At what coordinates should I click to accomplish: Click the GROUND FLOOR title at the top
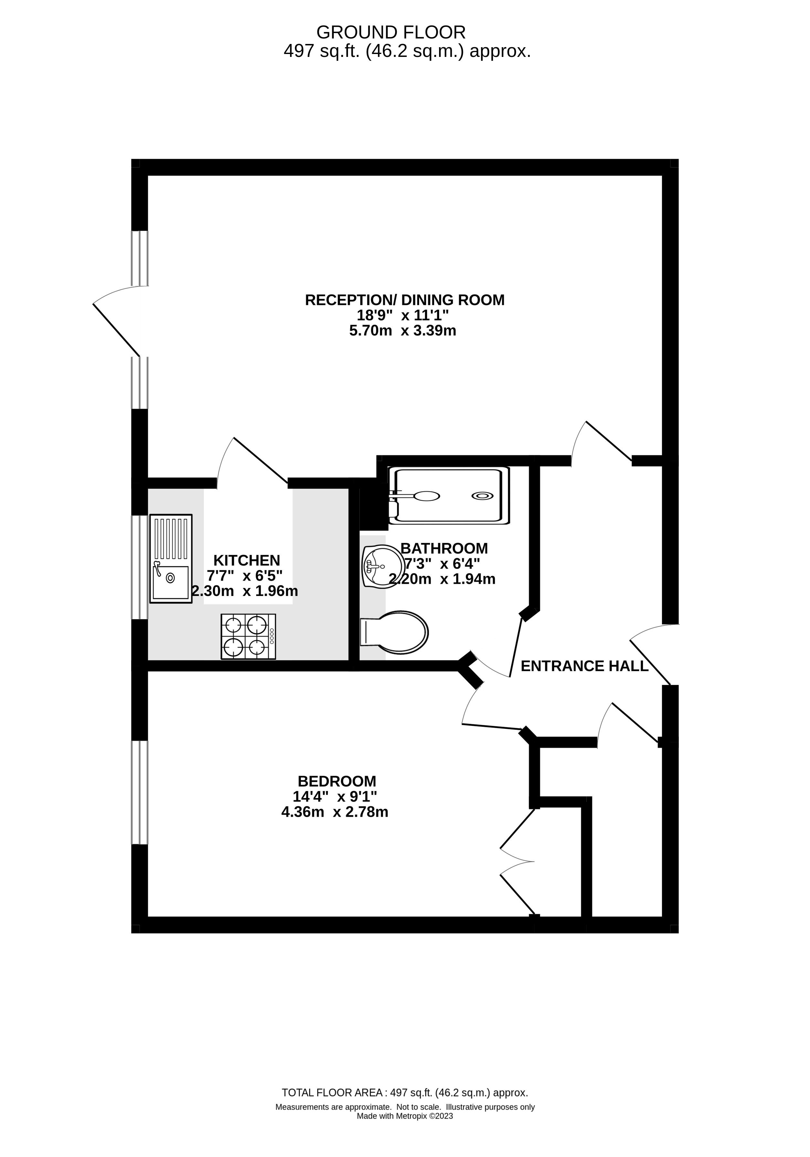coord(391,33)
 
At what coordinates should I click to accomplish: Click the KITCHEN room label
coord(246,560)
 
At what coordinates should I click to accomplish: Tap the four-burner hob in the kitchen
coord(248,636)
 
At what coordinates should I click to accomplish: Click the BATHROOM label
coord(444,548)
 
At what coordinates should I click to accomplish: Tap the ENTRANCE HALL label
coord(584,666)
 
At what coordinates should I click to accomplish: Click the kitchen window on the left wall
coord(140,567)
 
